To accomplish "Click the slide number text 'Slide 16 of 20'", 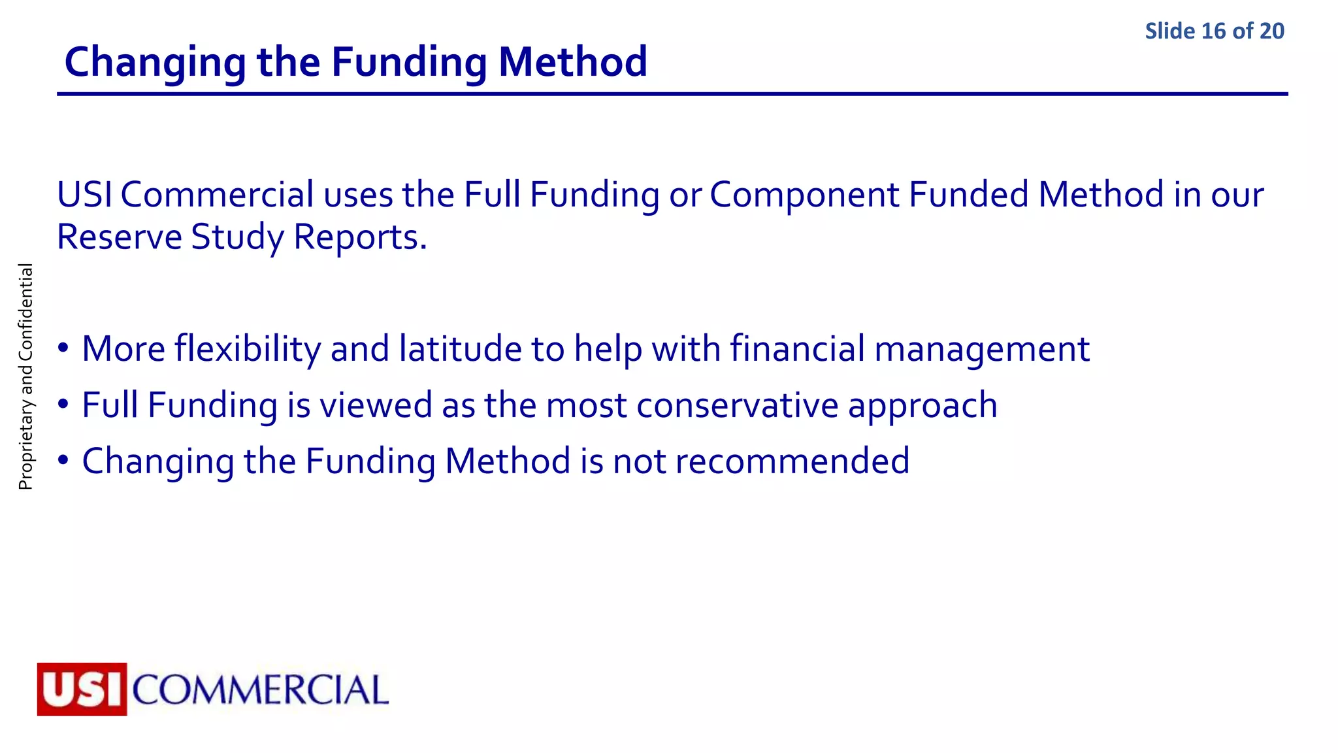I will [1214, 31].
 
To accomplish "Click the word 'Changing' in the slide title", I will [155, 62].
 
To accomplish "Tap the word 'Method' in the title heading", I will [572, 62].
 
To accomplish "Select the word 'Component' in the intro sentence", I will [804, 195].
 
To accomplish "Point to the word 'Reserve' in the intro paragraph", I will [119, 237].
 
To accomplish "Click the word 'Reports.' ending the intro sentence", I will [360, 237].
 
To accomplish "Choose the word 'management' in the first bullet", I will [981, 348].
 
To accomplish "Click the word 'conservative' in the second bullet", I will [737, 405].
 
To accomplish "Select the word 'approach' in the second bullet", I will [922, 405].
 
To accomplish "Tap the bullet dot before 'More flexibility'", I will [63, 348].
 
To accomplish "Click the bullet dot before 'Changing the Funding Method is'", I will [63, 460].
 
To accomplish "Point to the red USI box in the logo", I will [82, 689].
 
